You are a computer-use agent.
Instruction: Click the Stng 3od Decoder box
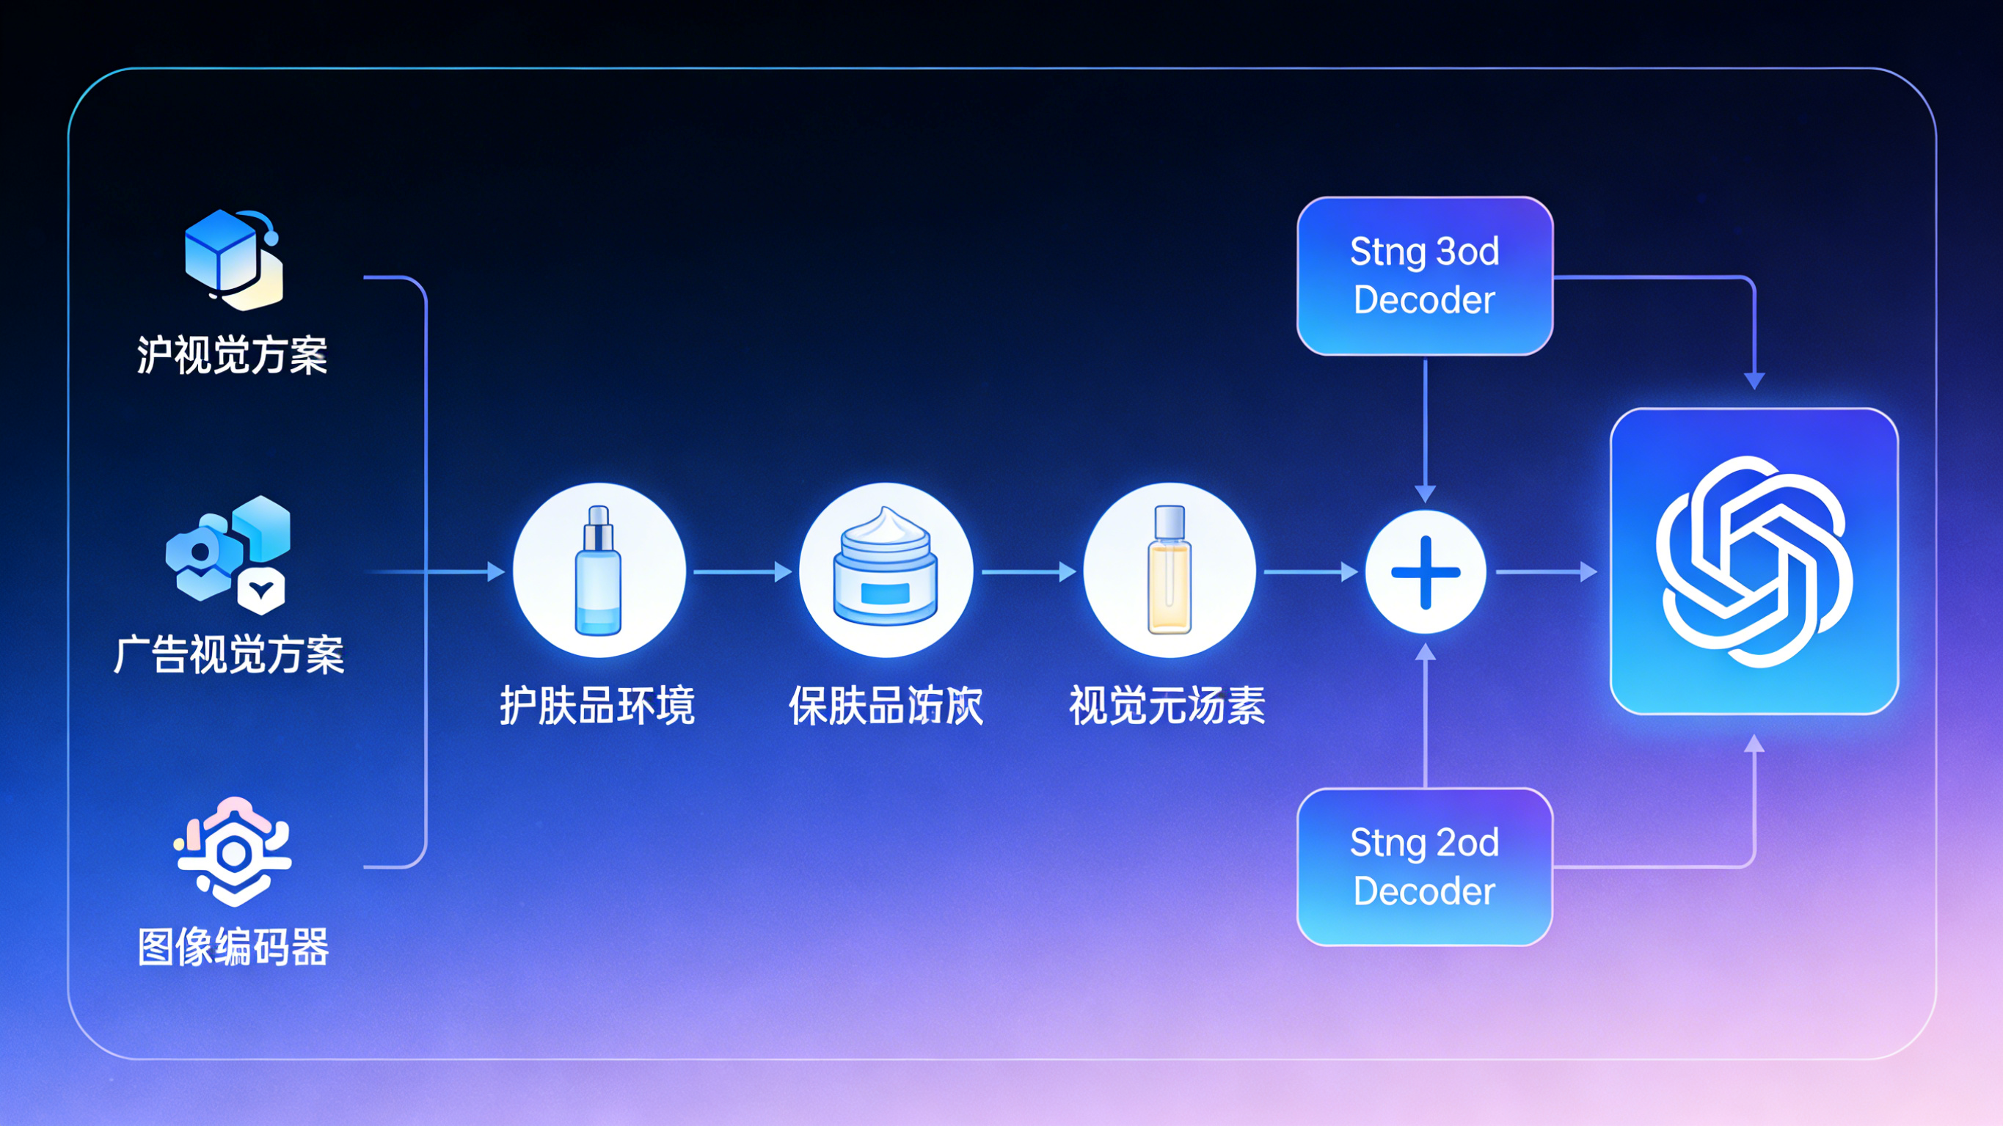point(1425,276)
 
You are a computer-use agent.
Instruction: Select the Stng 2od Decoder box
point(1425,866)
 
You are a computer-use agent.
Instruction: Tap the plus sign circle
point(1426,572)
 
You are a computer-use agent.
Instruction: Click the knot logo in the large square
point(1754,561)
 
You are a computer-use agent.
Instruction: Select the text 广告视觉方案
point(229,654)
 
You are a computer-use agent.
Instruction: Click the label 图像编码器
point(233,947)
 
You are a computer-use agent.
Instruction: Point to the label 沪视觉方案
point(232,355)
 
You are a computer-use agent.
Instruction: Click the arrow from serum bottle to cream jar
point(742,572)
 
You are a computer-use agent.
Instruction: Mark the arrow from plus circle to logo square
point(1546,572)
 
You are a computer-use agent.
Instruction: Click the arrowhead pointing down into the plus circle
point(1426,493)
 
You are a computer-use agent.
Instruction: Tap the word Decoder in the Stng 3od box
point(1425,300)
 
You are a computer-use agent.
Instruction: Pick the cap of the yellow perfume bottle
point(1170,521)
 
